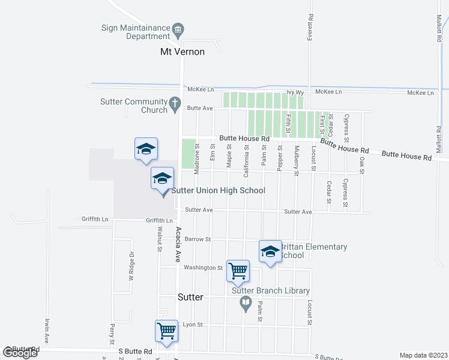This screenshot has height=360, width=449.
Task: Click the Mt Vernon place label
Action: (182, 52)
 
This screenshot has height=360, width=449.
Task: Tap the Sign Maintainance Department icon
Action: (178, 29)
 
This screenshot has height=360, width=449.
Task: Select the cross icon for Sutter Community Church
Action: (175, 103)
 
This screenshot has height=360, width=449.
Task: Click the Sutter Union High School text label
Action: (218, 191)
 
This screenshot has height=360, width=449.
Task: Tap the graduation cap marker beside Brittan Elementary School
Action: (270, 252)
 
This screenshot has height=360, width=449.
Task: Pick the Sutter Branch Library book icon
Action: (245, 302)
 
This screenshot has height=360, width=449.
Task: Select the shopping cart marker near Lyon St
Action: (166, 330)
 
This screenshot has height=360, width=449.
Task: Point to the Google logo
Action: (20, 353)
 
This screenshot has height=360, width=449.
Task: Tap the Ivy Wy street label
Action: (295, 92)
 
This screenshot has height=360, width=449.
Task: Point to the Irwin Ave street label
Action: (46, 330)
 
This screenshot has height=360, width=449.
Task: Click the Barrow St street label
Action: (197, 239)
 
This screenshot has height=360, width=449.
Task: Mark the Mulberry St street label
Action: (297, 160)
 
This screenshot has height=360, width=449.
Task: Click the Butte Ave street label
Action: (200, 109)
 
